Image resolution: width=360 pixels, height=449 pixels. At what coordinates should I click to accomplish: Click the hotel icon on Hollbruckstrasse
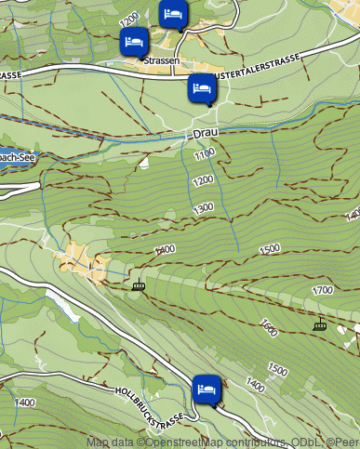point(207,389)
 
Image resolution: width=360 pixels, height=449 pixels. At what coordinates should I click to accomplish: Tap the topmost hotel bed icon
point(172,13)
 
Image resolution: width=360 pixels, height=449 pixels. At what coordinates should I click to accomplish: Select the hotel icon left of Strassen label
point(134,42)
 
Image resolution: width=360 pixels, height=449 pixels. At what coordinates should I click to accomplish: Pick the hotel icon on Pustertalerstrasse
point(202,89)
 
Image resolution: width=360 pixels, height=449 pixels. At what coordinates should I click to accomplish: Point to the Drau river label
point(204,134)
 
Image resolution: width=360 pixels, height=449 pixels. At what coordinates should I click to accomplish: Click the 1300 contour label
point(204,208)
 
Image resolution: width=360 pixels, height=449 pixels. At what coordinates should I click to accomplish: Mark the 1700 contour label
point(322,291)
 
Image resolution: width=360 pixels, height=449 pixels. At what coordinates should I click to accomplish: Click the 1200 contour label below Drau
point(204,179)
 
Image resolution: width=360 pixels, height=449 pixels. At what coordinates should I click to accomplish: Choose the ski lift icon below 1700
point(321,324)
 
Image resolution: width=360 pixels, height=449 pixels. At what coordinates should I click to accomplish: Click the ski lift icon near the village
point(139,285)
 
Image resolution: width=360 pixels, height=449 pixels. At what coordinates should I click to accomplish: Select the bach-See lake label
point(19,158)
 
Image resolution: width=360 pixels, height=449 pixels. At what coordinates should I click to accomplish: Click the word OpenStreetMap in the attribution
point(186,442)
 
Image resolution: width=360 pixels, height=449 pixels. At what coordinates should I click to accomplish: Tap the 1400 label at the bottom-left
point(25,403)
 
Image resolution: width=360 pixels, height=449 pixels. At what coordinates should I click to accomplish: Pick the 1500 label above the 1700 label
point(270,249)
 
